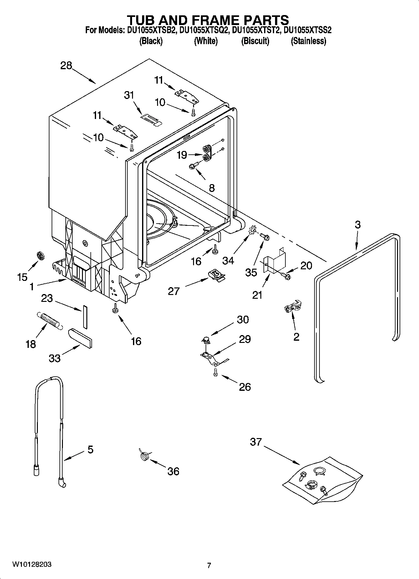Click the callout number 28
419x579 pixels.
click(66, 66)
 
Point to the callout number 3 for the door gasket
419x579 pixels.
click(358, 225)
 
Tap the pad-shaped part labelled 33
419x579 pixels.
click(80, 338)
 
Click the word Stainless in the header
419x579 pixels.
click(309, 41)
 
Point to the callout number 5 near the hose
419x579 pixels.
click(90, 450)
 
